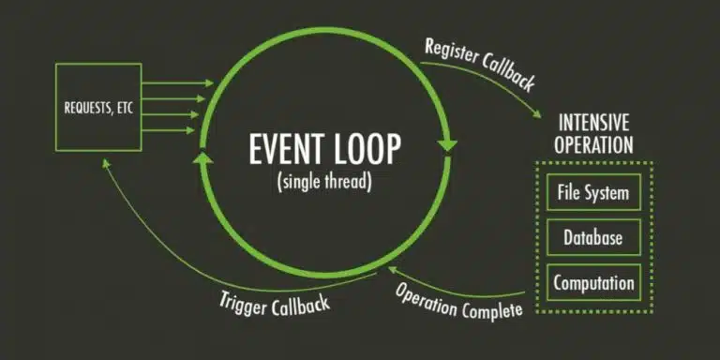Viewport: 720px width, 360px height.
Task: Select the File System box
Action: (594, 194)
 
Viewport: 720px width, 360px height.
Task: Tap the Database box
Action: (594, 238)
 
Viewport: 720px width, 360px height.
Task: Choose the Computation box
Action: (594, 282)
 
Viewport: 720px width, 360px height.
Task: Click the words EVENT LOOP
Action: (324, 151)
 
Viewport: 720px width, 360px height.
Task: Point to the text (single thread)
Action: (324, 182)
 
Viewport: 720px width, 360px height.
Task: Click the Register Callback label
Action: (479, 65)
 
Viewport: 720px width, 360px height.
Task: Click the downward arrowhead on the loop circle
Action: (447, 145)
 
